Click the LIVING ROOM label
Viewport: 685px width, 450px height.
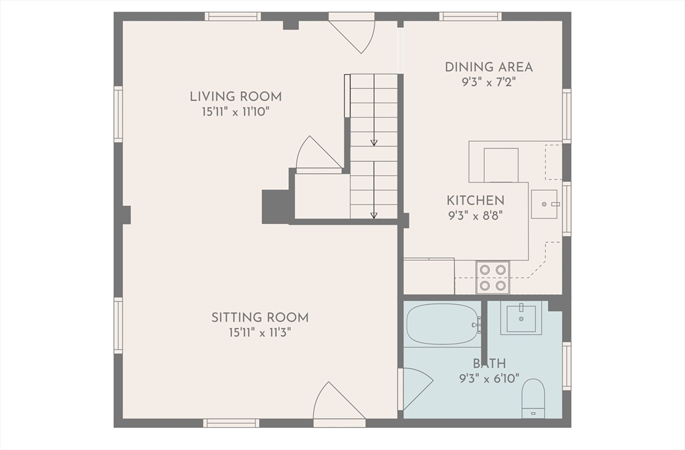[235, 96]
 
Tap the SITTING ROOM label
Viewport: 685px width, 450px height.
[260, 318]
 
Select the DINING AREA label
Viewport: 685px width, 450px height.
[489, 68]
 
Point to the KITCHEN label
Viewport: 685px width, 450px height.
[476, 201]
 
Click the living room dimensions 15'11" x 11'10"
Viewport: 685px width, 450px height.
[235, 112]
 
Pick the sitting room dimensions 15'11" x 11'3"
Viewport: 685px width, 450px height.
[260, 332]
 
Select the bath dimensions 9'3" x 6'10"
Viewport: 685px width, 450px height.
[489, 378]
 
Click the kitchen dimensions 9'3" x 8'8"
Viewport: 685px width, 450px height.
[476, 215]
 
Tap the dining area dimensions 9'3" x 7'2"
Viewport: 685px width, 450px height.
[489, 82]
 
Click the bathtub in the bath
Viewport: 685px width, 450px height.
[442, 324]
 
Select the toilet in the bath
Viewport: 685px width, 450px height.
[533, 398]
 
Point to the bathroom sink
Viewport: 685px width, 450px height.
[521, 318]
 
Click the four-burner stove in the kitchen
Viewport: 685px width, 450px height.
[493, 277]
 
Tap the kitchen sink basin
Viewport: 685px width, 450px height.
[545, 204]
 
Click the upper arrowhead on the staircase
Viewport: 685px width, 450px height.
[374, 142]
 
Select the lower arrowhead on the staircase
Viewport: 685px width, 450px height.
[374, 215]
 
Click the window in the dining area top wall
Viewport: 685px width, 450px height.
[470, 17]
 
